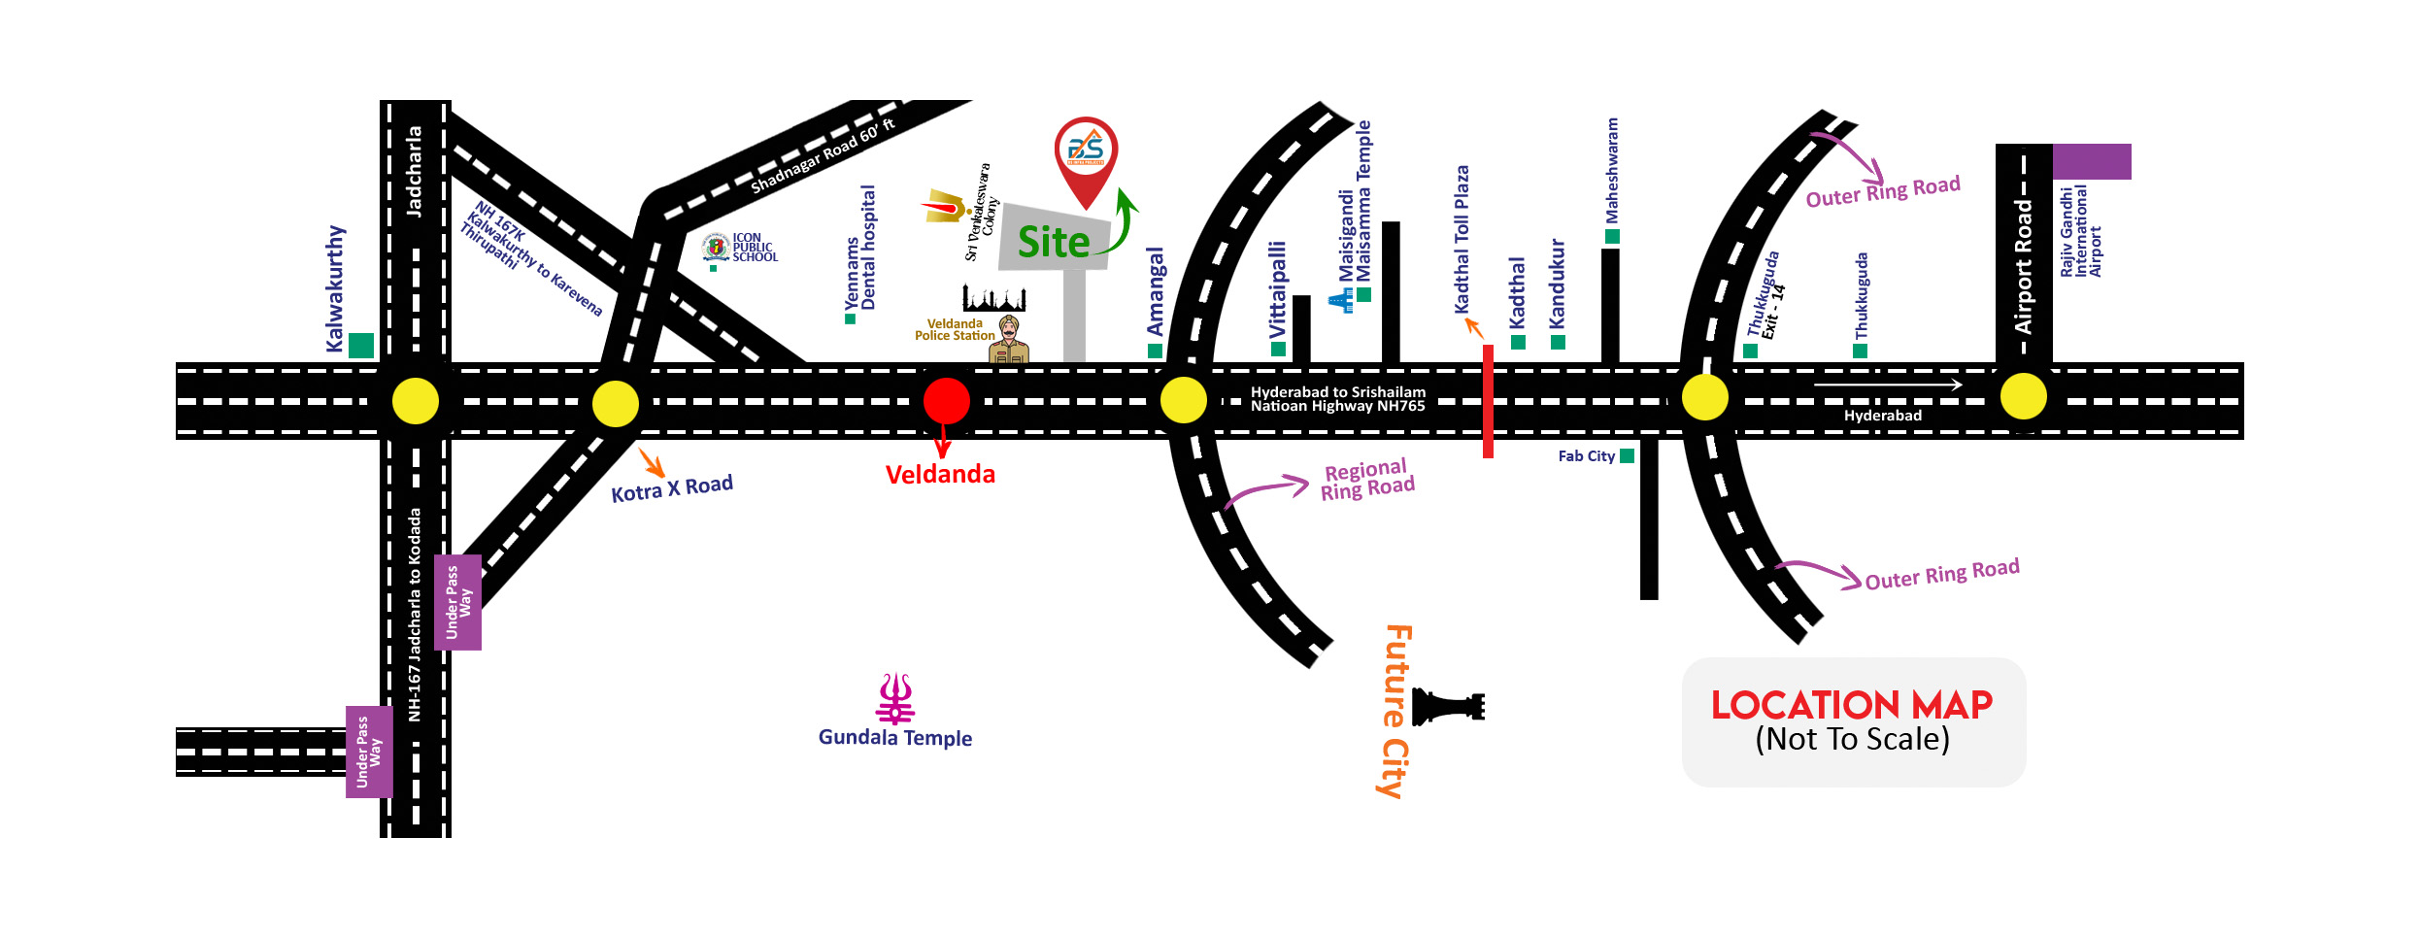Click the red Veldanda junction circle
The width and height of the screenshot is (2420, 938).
point(946,400)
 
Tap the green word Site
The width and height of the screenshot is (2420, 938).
point(1054,243)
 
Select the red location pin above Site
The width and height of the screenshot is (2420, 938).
point(1086,155)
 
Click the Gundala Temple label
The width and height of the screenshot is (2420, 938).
point(894,738)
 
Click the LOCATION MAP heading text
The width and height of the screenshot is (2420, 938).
point(1851,704)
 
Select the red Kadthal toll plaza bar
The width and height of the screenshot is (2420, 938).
point(1488,400)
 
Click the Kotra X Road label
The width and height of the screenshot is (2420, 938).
point(672,487)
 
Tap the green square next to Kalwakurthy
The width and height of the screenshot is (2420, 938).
point(361,345)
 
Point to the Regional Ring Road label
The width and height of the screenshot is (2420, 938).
point(1367,480)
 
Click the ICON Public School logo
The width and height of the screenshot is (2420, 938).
point(717,248)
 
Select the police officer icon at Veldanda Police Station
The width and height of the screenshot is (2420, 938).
point(1009,340)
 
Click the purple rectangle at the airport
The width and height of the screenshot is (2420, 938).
point(2092,161)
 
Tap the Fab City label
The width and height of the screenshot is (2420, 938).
point(1586,456)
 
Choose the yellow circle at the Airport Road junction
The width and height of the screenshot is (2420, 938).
point(2024,396)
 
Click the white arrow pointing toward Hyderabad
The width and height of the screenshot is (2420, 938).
point(1887,385)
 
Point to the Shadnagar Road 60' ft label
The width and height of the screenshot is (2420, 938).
point(823,156)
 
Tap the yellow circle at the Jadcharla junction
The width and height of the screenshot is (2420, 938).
point(416,400)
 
